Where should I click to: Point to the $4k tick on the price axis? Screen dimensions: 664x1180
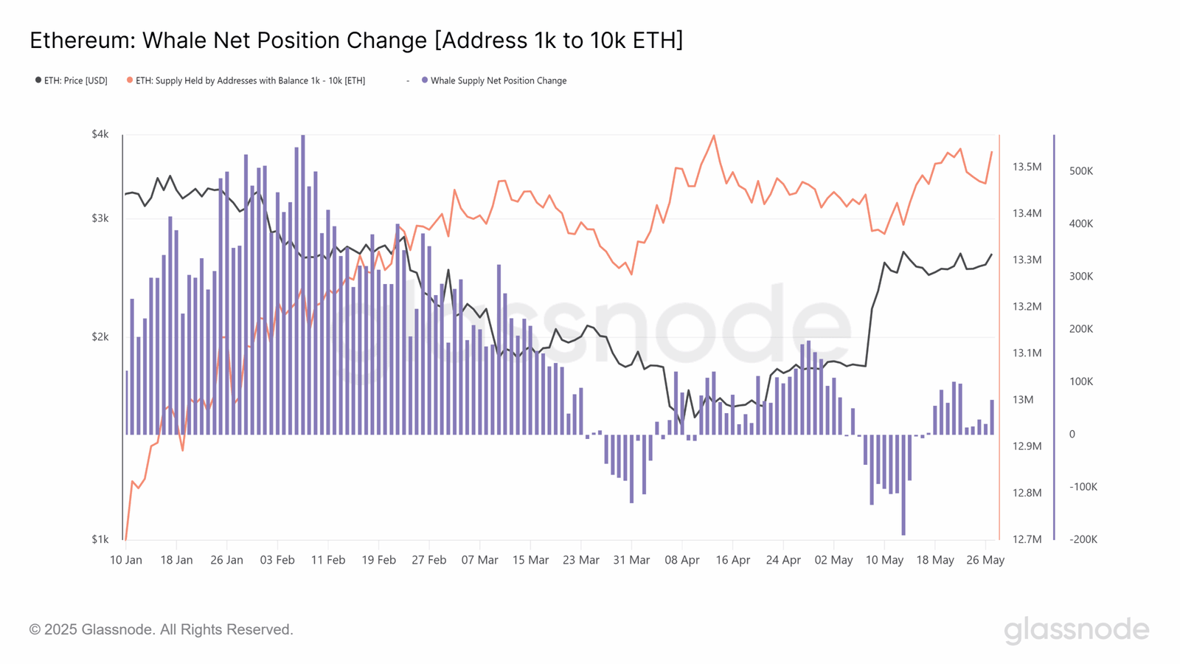[100, 134]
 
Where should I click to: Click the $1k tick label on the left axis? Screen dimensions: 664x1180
[100, 539]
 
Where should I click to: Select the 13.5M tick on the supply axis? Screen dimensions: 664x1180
[1027, 167]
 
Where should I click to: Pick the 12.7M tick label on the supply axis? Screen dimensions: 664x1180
[1027, 539]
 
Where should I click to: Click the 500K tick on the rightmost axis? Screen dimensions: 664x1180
[1081, 171]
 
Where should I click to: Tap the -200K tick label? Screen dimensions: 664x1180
[1083, 539]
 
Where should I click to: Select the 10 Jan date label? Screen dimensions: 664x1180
[126, 560]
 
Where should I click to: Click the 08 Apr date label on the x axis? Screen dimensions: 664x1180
[682, 560]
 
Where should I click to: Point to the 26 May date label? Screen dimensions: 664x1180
[985, 560]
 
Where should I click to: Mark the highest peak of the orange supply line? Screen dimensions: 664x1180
[713, 136]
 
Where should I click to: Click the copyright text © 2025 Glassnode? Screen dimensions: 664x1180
[161, 629]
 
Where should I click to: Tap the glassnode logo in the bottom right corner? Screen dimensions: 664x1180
[1076, 629]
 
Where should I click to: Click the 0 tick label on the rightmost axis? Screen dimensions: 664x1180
[1072, 435]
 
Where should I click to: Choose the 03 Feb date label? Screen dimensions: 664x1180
[277, 560]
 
